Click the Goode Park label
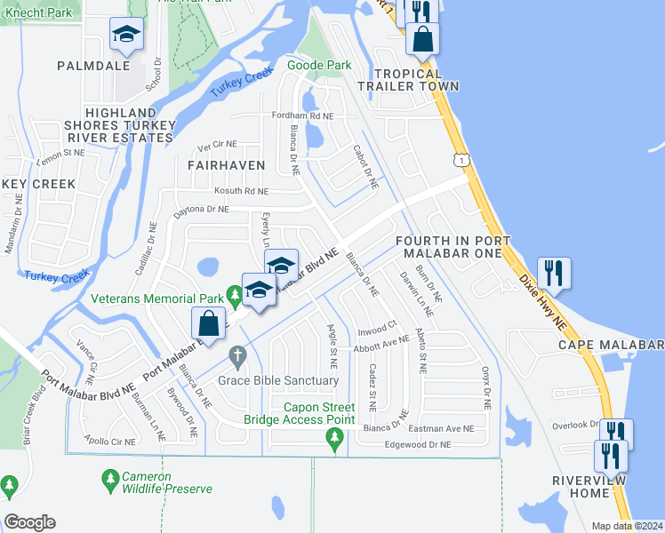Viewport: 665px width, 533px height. (319, 65)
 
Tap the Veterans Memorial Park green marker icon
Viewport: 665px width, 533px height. (235, 294)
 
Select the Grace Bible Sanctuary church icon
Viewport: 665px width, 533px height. (237, 358)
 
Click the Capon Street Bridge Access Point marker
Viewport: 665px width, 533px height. (335, 436)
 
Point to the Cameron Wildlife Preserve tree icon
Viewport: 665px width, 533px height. (110, 481)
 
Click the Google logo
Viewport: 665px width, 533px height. (29, 522)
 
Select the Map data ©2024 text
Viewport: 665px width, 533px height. (626, 526)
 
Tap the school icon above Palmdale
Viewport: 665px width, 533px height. (126, 36)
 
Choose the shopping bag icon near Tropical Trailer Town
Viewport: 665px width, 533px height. (423, 38)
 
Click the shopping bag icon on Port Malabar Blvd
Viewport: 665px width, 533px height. (207, 322)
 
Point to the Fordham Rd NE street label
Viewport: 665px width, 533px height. (303, 116)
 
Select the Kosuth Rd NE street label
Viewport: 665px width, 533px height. (241, 191)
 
